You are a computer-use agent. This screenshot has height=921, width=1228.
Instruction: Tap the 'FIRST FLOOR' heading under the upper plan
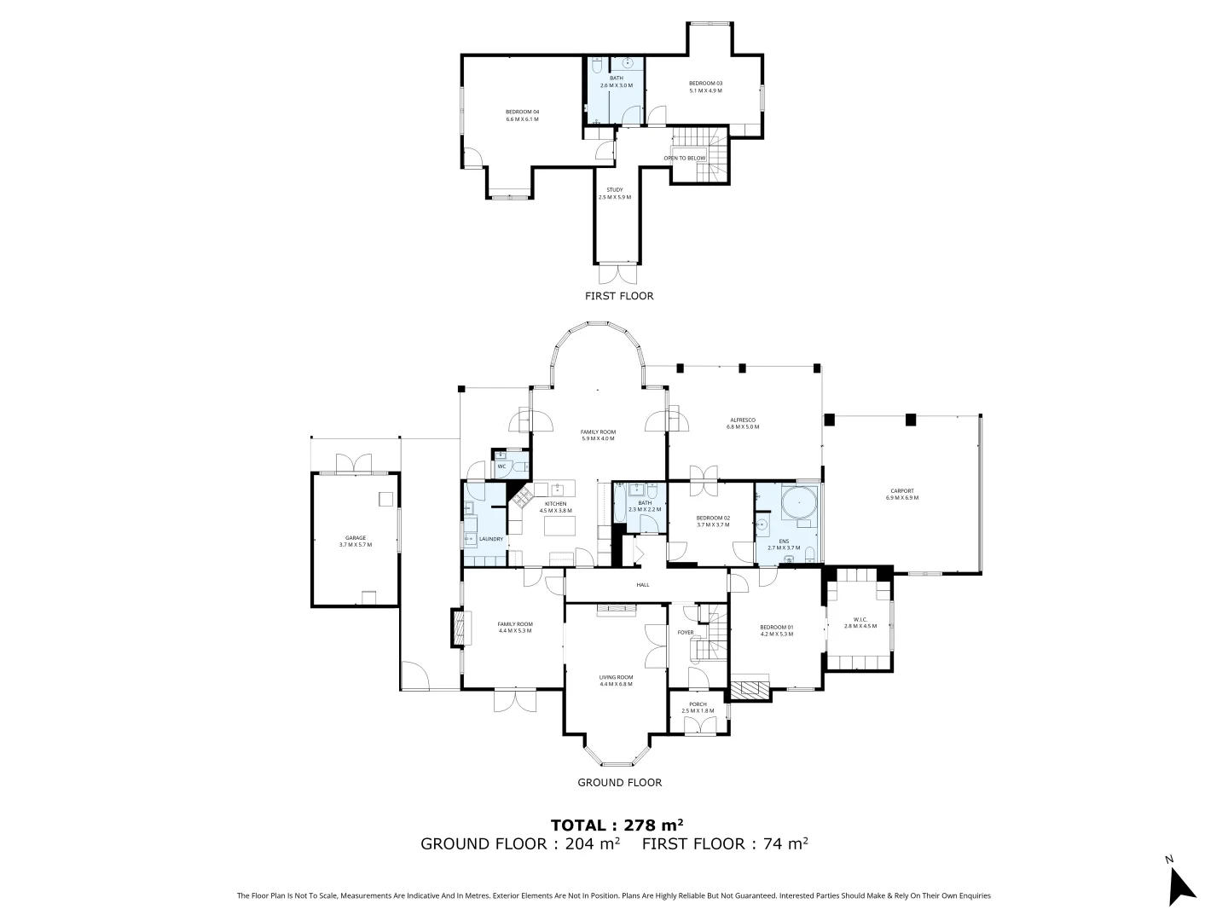(x=619, y=296)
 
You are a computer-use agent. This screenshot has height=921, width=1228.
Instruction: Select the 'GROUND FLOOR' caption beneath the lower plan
(x=619, y=782)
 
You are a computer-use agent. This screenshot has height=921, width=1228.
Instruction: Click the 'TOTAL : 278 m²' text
(x=617, y=825)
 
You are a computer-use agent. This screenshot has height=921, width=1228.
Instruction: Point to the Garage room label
(x=356, y=541)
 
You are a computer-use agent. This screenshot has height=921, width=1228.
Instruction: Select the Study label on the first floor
(x=614, y=194)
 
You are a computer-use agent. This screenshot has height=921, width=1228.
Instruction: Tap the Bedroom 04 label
(x=522, y=115)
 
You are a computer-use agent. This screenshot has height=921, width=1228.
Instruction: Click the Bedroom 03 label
(x=705, y=86)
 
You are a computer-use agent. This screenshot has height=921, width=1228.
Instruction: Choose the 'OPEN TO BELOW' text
(x=685, y=158)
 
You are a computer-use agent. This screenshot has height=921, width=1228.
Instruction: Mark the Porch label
(x=698, y=707)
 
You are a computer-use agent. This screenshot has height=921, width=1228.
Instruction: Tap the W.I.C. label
(x=860, y=623)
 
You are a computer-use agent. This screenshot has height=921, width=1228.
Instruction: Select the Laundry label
(x=491, y=539)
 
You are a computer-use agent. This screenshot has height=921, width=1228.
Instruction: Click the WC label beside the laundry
(x=501, y=466)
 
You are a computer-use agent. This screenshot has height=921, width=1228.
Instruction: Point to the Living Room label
(x=616, y=681)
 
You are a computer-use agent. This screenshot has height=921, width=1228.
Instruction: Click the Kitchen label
(x=555, y=507)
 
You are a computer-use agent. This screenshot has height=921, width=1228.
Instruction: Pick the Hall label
(x=642, y=585)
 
